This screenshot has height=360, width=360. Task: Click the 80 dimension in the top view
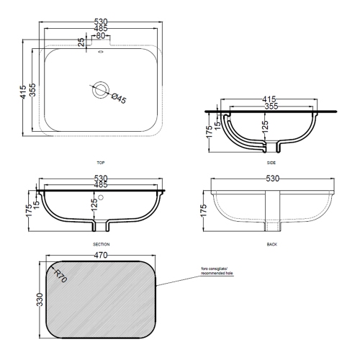[x=99, y=35]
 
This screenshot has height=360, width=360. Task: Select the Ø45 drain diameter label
[x=118, y=99]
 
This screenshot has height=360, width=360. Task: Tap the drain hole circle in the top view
[x=100, y=91]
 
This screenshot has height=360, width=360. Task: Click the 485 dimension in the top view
[x=99, y=29]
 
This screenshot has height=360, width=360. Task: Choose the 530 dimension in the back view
[x=272, y=178]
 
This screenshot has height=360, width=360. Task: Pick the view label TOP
[x=99, y=163]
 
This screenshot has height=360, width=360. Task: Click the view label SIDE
[x=271, y=163]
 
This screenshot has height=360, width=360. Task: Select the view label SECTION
[x=99, y=245]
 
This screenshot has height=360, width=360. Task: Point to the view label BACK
[x=271, y=245]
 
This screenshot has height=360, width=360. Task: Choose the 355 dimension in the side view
[x=271, y=106]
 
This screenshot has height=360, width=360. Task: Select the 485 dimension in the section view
[x=100, y=185]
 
